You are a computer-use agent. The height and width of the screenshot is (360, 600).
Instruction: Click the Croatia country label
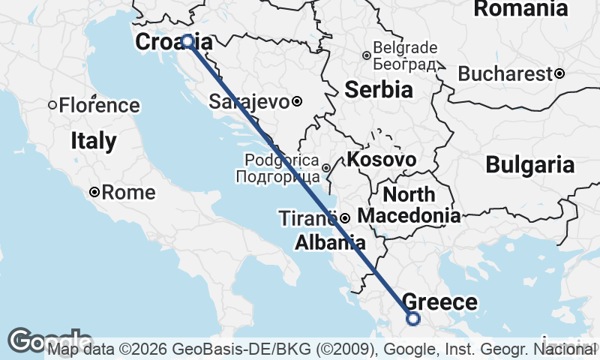[173, 43]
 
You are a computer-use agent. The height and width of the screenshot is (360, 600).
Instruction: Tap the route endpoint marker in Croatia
[187, 42]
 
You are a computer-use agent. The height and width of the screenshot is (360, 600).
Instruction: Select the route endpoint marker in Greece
[413, 319]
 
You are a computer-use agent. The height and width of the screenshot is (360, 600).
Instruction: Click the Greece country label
[440, 302]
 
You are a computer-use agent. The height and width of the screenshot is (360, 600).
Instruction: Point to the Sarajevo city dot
[297, 101]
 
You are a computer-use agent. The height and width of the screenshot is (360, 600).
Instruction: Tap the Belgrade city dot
[367, 55]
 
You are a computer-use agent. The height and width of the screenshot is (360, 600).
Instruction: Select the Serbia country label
[379, 90]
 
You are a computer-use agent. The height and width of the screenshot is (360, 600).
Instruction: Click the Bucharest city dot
[559, 73]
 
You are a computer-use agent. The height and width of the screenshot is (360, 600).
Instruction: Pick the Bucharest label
[505, 74]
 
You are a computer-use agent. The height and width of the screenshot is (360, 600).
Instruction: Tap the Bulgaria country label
[529, 165]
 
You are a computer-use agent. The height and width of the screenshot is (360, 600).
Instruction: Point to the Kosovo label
[381, 160]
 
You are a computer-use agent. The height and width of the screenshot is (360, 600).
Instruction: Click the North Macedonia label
[409, 205]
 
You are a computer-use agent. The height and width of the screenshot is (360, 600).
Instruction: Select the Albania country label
[330, 242]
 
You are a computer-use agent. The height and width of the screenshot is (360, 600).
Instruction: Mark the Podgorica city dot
[326, 167]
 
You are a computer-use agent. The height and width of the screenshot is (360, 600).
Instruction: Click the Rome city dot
[94, 193]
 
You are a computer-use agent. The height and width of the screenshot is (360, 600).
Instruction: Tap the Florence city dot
[52, 105]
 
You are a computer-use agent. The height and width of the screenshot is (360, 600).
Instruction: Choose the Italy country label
[94, 140]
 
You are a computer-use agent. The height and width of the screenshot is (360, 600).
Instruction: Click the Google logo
[48, 340]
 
